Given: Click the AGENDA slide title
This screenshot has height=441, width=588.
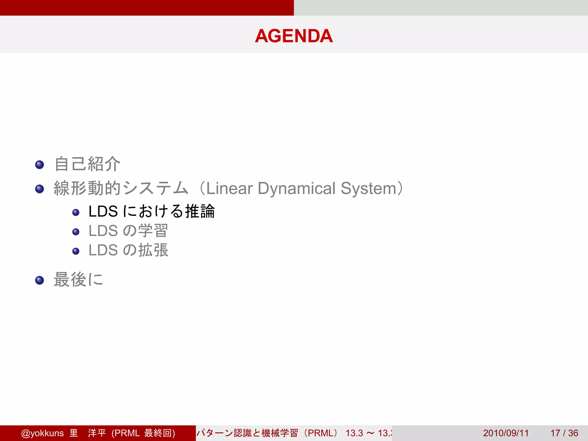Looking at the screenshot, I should pyautogui.click(x=294, y=36).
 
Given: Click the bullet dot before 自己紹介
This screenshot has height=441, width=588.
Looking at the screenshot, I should pyautogui.click(x=40, y=165).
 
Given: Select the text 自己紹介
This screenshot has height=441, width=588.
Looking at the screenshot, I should pyautogui.click(x=87, y=164).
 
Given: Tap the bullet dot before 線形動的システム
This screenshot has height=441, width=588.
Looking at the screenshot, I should pyautogui.click(x=40, y=189).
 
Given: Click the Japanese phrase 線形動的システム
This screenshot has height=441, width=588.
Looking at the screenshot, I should pyautogui.click(x=121, y=188).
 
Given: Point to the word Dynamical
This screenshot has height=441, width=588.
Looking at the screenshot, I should pyautogui.click(x=296, y=188).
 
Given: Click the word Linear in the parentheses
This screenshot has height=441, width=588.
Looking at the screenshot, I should pyautogui.click(x=229, y=188).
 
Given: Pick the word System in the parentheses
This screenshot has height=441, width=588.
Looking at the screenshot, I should pyautogui.click(x=368, y=188).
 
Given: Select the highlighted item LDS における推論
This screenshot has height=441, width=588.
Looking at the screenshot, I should pyautogui.click(x=152, y=211).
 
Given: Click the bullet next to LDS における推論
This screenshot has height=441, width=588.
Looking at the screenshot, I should pyautogui.click(x=76, y=212).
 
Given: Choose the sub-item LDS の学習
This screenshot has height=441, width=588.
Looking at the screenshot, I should pyautogui.click(x=128, y=231).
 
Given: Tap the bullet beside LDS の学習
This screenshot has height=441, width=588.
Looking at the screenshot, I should pyautogui.click(x=76, y=232).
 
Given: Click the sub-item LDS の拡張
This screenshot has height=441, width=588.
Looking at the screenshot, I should pyautogui.click(x=128, y=250).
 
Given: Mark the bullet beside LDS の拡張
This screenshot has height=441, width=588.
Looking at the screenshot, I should pyautogui.click(x=76, y=251).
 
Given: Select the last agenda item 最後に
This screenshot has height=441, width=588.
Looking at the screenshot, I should pyautogui.click(x=78, y=279).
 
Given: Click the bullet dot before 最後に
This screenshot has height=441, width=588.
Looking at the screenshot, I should pyautogui.click(x=40, y=280).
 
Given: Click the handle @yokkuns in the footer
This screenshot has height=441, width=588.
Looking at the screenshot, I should pyautogui.click(x=42, y=433).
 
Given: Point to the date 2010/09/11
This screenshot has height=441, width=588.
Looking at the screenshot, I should pyautogui.click(x=506, y=433).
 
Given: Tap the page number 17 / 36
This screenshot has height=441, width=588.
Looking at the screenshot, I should pyautogui.click(x=564, y=433).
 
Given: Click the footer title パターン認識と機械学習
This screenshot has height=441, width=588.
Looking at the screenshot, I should pyautogui.click(x=247, y=433).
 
